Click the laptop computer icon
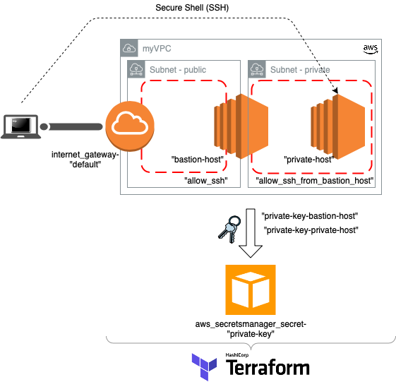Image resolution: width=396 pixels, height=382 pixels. click(20, 127)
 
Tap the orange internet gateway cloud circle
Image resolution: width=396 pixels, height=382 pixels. click(130, 126)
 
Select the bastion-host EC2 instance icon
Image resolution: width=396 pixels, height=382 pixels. click(241, 126)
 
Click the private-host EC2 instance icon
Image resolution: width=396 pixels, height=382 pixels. click(338, 127)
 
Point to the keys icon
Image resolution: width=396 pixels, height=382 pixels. click(229, 229)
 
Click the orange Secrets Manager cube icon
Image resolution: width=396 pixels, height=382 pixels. click(251, 290)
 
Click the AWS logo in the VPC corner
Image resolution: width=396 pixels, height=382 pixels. click(371, 49)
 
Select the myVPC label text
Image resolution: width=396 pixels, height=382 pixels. click(157, 49)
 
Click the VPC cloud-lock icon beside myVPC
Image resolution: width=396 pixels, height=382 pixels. click(129, 48)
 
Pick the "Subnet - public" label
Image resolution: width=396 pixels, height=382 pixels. click(178, 70)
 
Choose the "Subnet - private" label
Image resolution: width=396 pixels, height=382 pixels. click(300, 70)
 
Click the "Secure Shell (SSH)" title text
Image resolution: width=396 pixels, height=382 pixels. click(192, 8)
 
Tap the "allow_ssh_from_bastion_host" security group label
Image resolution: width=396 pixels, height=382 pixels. click(315, 181)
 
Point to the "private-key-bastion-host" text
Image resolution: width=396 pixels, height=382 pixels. click(310, 216)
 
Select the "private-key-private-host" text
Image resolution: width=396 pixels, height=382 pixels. click(311, 230)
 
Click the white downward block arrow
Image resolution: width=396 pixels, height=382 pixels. click(251, 233)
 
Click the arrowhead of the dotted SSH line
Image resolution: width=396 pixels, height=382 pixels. click(335, 90)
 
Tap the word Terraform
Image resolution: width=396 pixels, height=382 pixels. click(268, 368)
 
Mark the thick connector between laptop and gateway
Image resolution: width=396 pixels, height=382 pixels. click(71, 126)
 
